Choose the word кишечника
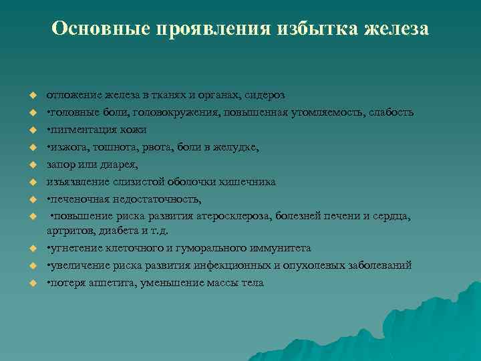coord(251,181)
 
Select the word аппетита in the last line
coord(100,283)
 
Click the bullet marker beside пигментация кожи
coord(31,129)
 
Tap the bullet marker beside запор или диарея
coord(31,164)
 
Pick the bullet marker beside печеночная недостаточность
coord(31,199)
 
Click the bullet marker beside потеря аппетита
coord(31,283)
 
